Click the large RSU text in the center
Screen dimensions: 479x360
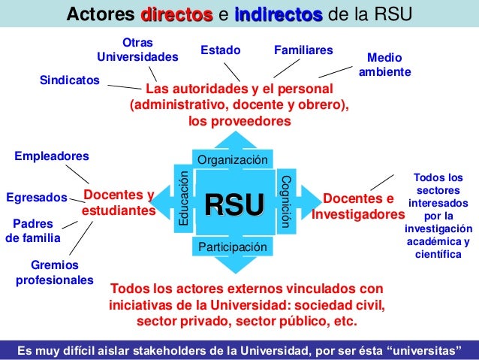[235, 205]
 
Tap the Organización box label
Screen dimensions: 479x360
[231, 160]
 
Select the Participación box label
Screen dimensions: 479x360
[231, 247]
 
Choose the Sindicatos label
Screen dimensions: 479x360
[69, 80]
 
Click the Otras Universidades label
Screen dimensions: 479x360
[137, 50]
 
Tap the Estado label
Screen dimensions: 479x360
[220, 50]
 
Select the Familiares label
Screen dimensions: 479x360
[303, 50]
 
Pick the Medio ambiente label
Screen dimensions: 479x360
[385, 64]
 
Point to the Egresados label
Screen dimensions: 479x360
[36, 198]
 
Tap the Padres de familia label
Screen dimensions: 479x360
[33, 231]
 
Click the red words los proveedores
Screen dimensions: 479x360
[239, 121]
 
